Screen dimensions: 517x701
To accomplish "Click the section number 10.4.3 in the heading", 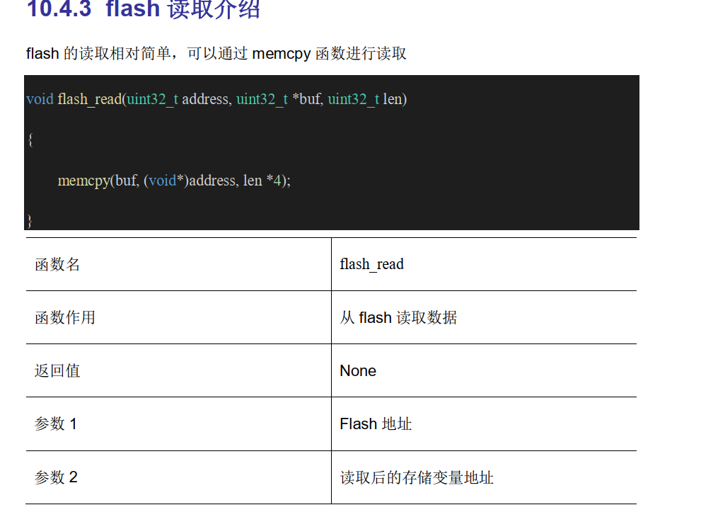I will pyautogui.click(x=59, y=9).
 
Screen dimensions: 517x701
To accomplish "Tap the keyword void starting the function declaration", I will pyautogui.click(x=40, y=98).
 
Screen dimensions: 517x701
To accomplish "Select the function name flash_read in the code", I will pyautogui.click(x=89, y=98).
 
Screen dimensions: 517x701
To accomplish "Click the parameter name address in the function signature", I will pyautogui.click(x=205, y=98).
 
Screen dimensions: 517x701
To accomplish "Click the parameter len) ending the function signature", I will pyautogui.click(x=395, y=98).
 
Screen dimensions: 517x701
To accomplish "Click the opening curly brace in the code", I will pyautogui.click(x=30, y=140).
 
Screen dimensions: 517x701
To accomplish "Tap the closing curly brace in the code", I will pyautogui.click(x=30, y=220).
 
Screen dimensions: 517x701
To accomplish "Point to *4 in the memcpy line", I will pyautogui.click(x=277, y=181).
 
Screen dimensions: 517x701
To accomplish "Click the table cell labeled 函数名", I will pyautogui.click(x=57, y=264).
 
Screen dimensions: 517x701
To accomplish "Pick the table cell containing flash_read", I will pyautogui.click(x=371, y=264).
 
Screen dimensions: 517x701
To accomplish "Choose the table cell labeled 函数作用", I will pyautogui.click(x=65, y=317).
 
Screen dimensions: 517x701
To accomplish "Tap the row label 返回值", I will pyautogui.click(x=57, y=370).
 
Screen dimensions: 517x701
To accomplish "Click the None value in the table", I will pyautogui.click(x=358, y=370).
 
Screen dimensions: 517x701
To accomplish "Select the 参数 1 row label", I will pyautogui.click(x=56, y=424).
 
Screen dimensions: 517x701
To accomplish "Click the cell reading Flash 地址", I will pyautogui.click(x=376, y=424).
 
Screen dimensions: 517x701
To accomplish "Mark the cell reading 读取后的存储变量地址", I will pyautogui.click(x=417, y=477).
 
